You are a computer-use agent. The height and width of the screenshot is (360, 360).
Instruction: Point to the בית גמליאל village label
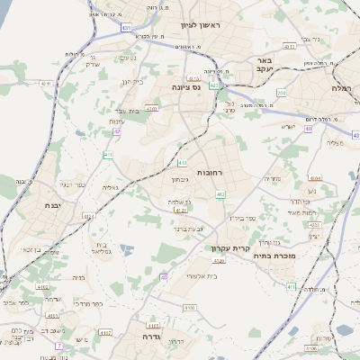pos(102,249)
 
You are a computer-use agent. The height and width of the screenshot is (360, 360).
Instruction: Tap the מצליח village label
pos(335,142)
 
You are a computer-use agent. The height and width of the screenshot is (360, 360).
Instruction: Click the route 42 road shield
pos(116,131)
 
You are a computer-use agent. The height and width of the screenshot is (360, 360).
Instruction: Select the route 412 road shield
pos(220,193)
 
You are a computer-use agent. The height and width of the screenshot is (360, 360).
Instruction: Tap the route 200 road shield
pos(282,92)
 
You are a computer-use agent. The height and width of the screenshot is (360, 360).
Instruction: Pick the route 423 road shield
pos(214,85)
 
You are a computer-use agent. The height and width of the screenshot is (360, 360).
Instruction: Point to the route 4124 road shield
pos(89,217)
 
